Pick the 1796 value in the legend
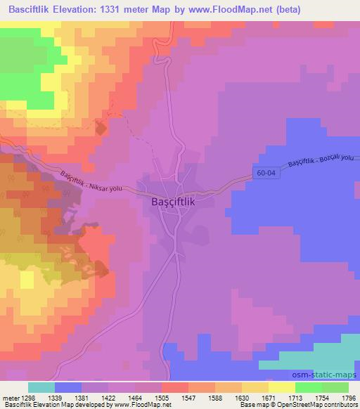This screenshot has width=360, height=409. point(348,398)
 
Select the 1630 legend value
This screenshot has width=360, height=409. point(242,398)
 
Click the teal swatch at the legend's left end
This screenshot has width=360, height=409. point(41,387)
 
